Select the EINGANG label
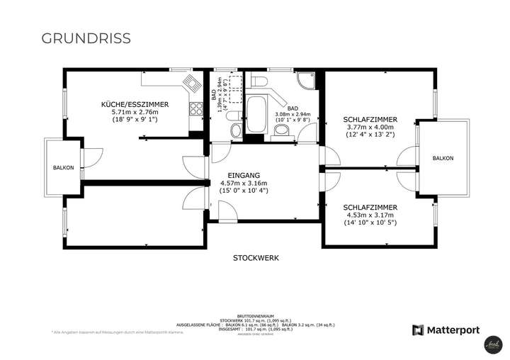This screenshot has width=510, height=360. [x=244, y=174]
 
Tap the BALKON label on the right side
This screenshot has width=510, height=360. [x=443, y=158]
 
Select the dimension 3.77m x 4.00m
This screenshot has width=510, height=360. [x=370, y=127]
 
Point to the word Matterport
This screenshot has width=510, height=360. [x=453, y=330]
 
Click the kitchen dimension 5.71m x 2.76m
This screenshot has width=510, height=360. [x=135, y=111]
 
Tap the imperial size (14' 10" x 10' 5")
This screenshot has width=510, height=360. [x=369, y=223]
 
